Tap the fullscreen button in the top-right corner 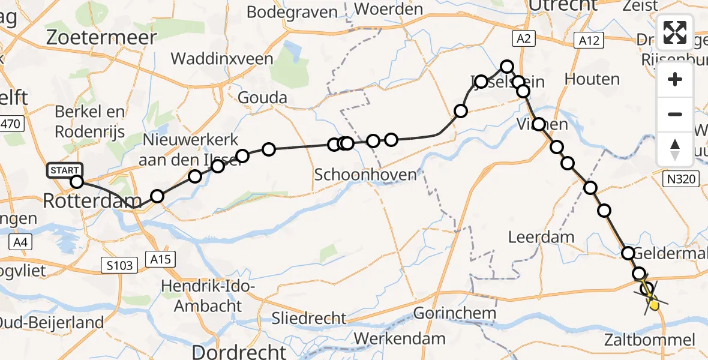click(675, 33)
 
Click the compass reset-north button click(675, 149)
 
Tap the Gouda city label click(262, 98)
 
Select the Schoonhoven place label click(365, 175)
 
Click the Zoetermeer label click(101, 38)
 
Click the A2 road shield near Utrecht click(523, 40)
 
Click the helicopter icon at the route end click(651, 298)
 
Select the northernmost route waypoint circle click(508, 67)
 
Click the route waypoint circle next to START click(77, 182)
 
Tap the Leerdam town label click(541, 237)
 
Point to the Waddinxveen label click(222, 59)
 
